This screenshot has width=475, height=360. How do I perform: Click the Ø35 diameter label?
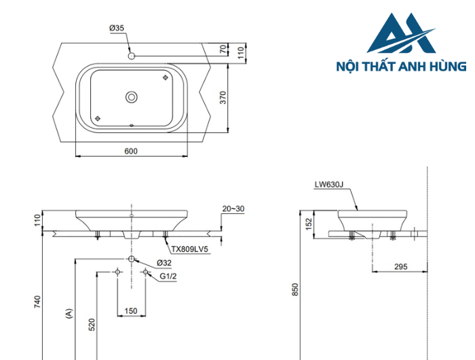117,28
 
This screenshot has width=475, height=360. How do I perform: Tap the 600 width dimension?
131,151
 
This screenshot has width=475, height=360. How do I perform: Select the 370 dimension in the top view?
223,97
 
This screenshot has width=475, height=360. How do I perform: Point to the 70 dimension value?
223,49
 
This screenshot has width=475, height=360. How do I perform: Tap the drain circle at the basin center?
131,97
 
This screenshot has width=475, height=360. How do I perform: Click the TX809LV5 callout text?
189,249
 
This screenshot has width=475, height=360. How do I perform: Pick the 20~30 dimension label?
233,209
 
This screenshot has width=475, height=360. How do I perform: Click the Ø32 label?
163,262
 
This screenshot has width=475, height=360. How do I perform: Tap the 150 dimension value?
131,311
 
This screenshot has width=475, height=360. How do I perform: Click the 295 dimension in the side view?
400,267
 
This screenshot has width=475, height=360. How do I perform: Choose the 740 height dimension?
38,301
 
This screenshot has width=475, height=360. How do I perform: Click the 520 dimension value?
92,326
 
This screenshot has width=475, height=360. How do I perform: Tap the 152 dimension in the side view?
308,223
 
